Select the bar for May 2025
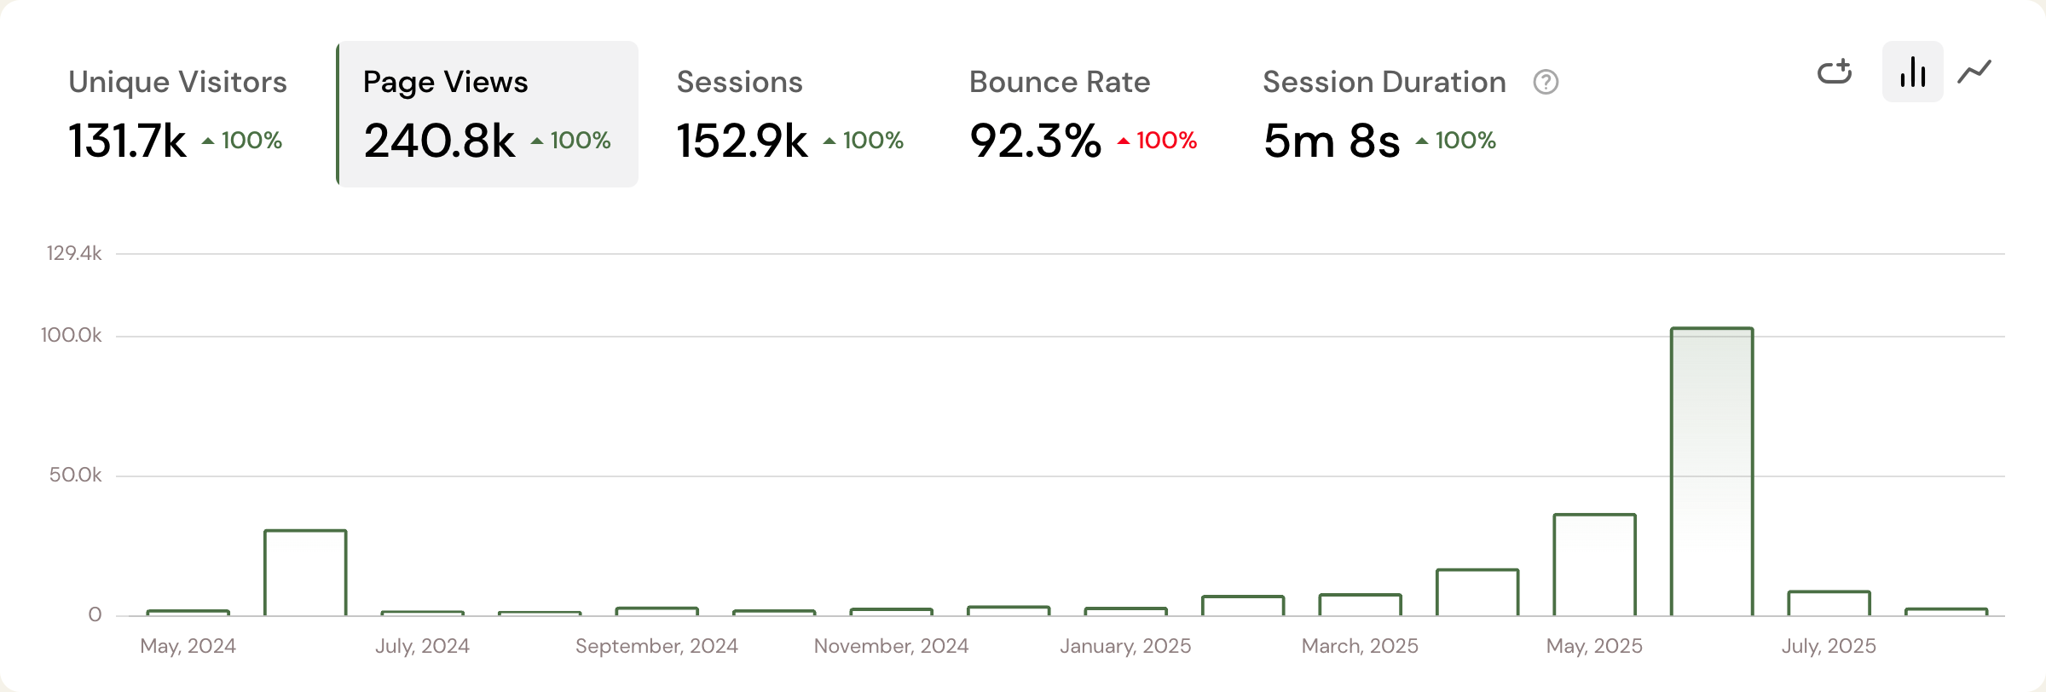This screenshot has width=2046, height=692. point(1594,564)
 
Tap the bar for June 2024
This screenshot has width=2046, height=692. point(305,572)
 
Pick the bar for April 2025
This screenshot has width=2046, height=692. point(1477,592)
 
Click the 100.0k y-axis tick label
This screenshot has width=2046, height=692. point(72,335)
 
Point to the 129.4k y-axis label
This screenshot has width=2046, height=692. point(74,253)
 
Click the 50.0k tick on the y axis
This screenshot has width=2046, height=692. point(75,475)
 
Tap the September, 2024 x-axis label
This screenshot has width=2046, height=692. point(656,646)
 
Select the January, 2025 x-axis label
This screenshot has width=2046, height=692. point(1125,646)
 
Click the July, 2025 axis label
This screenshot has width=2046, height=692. point(1829,646)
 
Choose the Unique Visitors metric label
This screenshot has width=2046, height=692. point(177,82)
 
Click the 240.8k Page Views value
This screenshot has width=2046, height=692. point(439,141)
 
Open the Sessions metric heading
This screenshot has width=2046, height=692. point(739,82)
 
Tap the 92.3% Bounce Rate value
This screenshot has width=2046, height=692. point(1035,141)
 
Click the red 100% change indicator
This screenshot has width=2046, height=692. point(1158,141)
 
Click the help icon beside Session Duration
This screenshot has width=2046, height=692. point(1546,82)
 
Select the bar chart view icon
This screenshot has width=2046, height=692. point(1912,72)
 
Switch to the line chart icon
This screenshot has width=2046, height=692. point(1974,72)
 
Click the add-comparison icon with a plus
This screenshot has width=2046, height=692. point(1835,72)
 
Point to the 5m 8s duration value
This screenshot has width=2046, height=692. point(1331,141)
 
